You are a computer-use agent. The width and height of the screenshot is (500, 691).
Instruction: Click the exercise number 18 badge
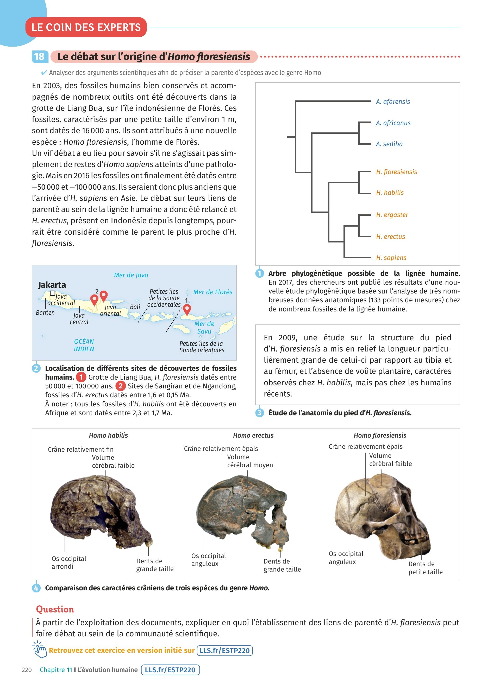(x=39, y=57)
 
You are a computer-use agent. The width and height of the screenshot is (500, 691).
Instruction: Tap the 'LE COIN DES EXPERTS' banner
(x=86, y=27)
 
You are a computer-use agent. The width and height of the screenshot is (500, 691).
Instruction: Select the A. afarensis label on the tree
(x=393, y=102)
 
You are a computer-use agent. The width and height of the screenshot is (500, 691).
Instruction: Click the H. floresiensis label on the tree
(x=396, y=172)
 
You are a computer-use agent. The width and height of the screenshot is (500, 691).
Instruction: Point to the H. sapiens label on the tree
(x=391, y=258)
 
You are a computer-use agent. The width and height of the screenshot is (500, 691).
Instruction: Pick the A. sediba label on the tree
(x=389, y=144)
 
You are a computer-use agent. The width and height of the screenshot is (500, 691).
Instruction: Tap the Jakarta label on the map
(x=52, y=285)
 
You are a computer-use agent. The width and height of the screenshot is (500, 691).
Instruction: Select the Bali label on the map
(x=135, y=306)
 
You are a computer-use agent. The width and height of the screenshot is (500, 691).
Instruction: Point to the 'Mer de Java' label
(x=131, y=275)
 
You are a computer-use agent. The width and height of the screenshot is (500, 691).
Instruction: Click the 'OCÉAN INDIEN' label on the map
(x=84, y=345)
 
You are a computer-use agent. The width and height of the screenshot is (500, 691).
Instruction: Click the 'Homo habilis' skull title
(x=108, y=435)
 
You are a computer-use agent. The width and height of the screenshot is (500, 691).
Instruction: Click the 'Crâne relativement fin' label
(x=80, y=449)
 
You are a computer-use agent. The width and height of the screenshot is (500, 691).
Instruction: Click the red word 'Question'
(x=55, y=609)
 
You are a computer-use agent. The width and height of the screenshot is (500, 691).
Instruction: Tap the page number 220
(x=27, y=670)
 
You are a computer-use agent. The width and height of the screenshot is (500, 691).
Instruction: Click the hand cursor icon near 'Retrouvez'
(x=40, y=650)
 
